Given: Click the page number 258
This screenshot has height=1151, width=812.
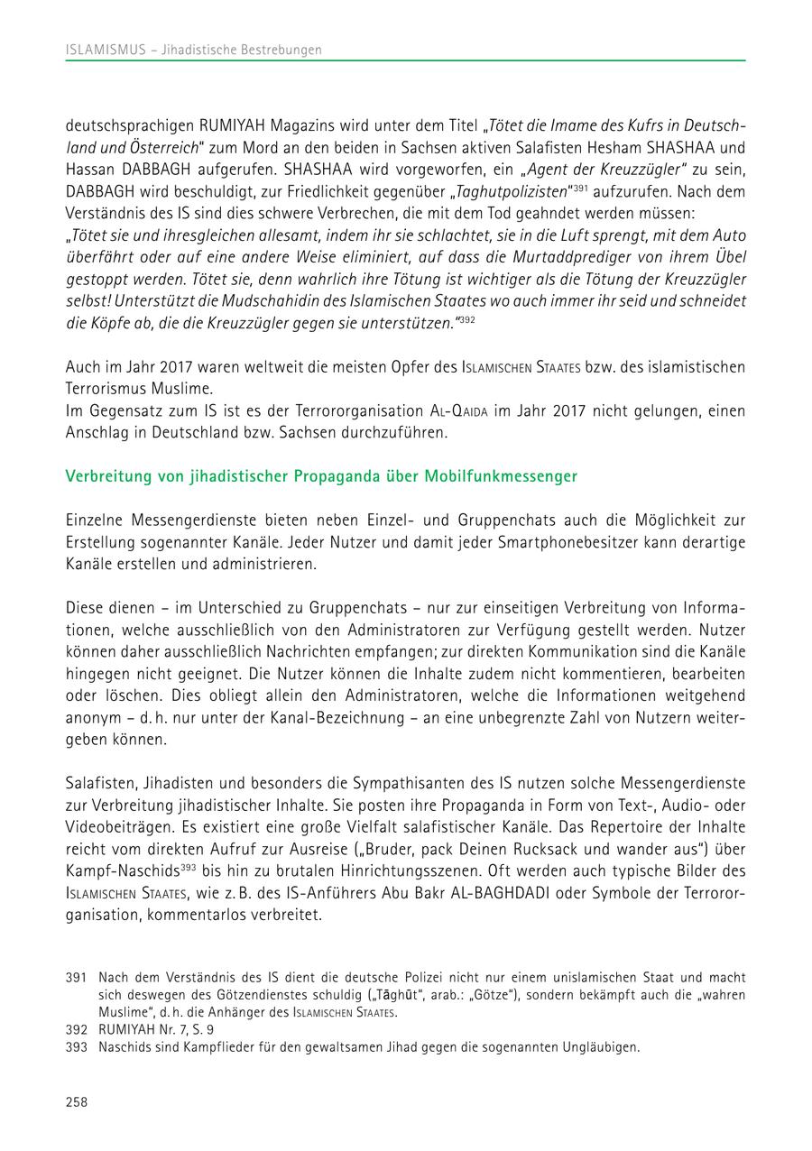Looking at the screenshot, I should [77, 1101].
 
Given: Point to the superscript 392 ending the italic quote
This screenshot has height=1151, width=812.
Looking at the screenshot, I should [466, 318].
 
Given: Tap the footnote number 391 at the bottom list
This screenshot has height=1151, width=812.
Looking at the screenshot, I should [77, 977].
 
